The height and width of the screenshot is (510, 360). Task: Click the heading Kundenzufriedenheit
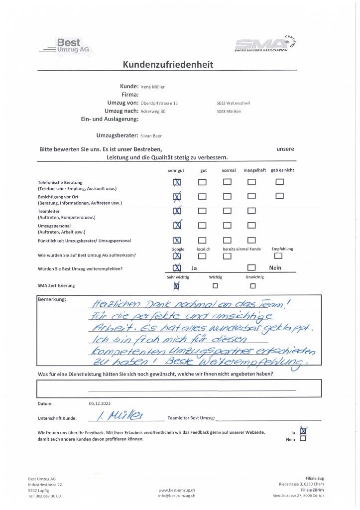(168, 64)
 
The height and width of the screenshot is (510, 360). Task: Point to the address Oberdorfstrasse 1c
(156, 103)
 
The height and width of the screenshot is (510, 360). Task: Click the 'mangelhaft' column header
(254, 170)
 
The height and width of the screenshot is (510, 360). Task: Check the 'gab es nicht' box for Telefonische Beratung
(279, 182)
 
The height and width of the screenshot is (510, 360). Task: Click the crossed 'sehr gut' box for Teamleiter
(177, 211)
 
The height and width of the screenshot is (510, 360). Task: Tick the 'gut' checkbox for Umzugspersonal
(202, 226)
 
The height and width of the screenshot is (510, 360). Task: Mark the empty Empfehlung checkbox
(278, 256)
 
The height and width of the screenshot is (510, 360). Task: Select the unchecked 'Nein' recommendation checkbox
(252, 268)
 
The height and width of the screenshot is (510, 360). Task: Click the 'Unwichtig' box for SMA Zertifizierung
(253, 286)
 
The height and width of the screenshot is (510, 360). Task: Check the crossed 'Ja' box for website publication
(303, 431)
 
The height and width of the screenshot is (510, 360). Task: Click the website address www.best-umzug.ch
(176, 490)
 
